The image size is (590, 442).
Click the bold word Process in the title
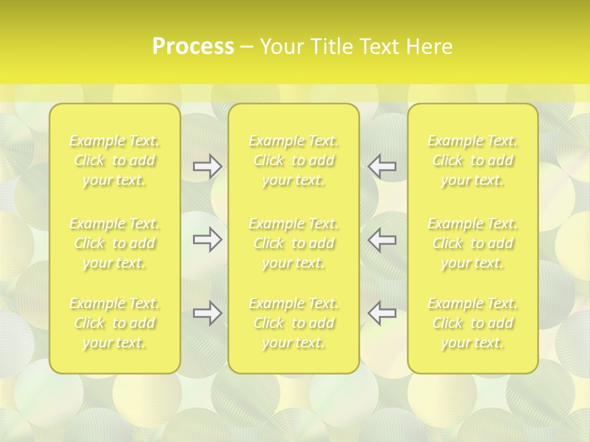[193, 47]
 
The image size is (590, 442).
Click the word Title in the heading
[332, 47]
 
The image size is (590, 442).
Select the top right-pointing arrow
[207, 166]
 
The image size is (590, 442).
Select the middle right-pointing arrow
[207, 239]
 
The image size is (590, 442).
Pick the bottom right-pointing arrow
[207, 313]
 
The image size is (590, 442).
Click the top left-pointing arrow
[382, 166]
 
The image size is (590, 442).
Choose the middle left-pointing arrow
[382, 239]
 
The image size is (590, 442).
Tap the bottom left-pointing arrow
[382, 313]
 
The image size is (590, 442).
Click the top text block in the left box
[114, 161]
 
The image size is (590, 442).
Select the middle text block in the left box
[114, 243]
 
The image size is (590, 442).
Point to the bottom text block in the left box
[114, 323]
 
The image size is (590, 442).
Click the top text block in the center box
[294, 161]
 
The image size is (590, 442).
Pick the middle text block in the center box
[294, 243]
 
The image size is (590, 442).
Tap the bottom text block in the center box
[294, 323]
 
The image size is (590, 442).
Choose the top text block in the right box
[473, 161]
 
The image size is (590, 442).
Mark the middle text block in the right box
[473, 243]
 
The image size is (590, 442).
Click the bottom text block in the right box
[473, 323]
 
